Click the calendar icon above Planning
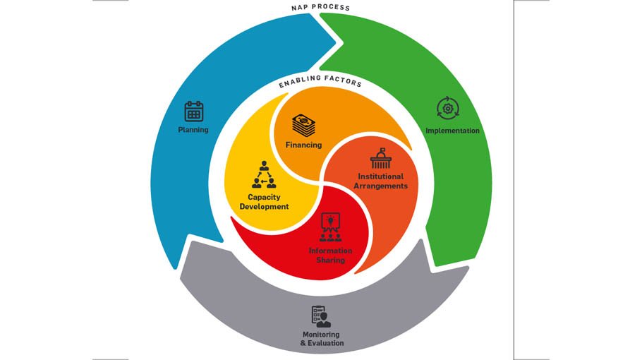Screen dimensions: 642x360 (194, 112)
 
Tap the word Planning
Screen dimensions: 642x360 (193, 130)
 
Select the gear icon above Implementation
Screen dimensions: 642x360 (448, 109)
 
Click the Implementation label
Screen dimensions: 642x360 (452, 131)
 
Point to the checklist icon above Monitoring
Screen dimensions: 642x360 (321, 316)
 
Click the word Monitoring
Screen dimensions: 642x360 (321, 335)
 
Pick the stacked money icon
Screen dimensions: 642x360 (304, 126)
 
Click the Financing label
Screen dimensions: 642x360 (303, 145)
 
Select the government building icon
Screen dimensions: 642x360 (381, 159)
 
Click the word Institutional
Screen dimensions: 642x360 (381, 176)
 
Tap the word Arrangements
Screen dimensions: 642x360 (381, 186)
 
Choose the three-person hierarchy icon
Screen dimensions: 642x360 (264, 175)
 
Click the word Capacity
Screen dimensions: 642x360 (264, 197)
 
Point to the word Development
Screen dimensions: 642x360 (264, 206)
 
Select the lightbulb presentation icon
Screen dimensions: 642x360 (330, 227)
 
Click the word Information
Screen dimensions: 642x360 (330, 251)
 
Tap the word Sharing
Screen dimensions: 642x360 (330, 260)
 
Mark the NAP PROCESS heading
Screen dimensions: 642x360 (320, 8)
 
